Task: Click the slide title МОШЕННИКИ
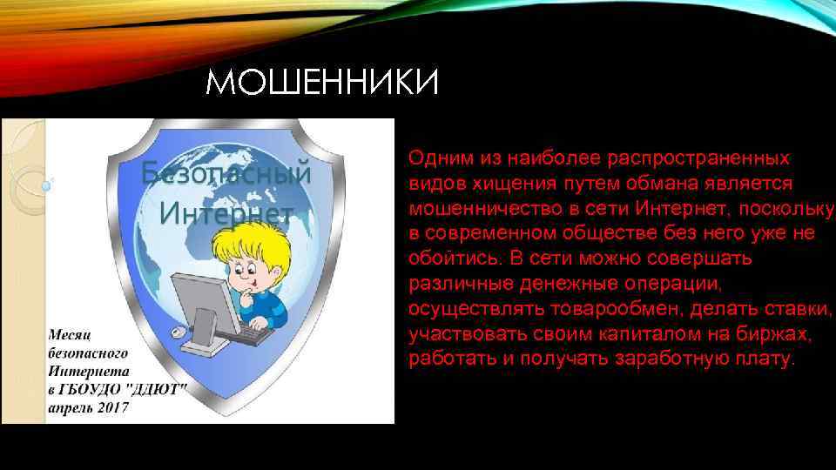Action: [323, 85]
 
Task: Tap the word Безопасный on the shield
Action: [226, 174]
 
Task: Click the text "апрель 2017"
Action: [88, 406]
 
